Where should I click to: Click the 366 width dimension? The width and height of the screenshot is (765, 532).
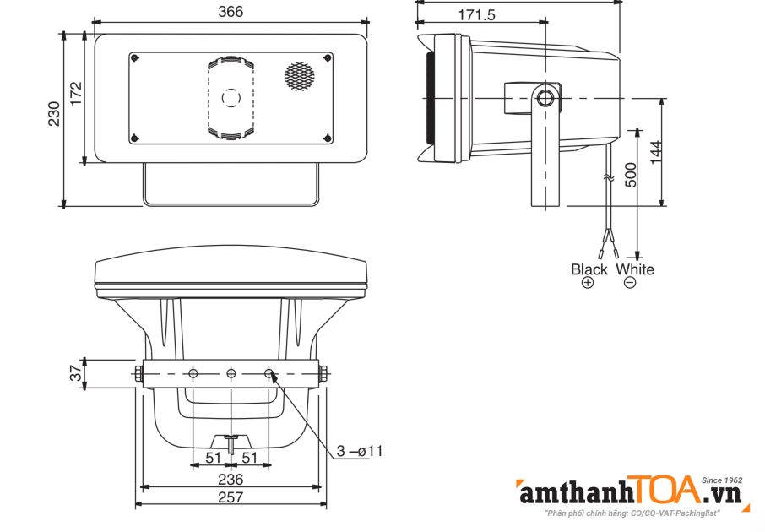[x=230, y=11]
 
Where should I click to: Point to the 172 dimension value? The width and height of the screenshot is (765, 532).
[x=74, y=94]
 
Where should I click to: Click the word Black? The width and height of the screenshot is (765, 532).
[x=589, y=269]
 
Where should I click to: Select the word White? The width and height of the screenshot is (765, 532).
[x=635, y=269]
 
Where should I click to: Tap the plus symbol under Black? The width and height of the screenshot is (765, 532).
[x=589, y=283]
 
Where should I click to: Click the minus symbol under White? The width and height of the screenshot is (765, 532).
[x=630, y=283]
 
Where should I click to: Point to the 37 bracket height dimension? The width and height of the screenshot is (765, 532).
[x=75, y=373]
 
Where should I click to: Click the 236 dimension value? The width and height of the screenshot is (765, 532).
[x=231, y=479]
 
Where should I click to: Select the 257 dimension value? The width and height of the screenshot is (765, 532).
[x=231, y=497]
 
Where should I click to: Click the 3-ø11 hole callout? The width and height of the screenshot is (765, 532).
[x=360, y=451]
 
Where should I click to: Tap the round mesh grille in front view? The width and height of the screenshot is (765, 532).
[x=298, y=76]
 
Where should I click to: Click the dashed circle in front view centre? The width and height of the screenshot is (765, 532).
[x=231, y=97]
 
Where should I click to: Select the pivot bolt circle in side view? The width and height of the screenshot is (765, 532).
[x=545, y=97]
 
